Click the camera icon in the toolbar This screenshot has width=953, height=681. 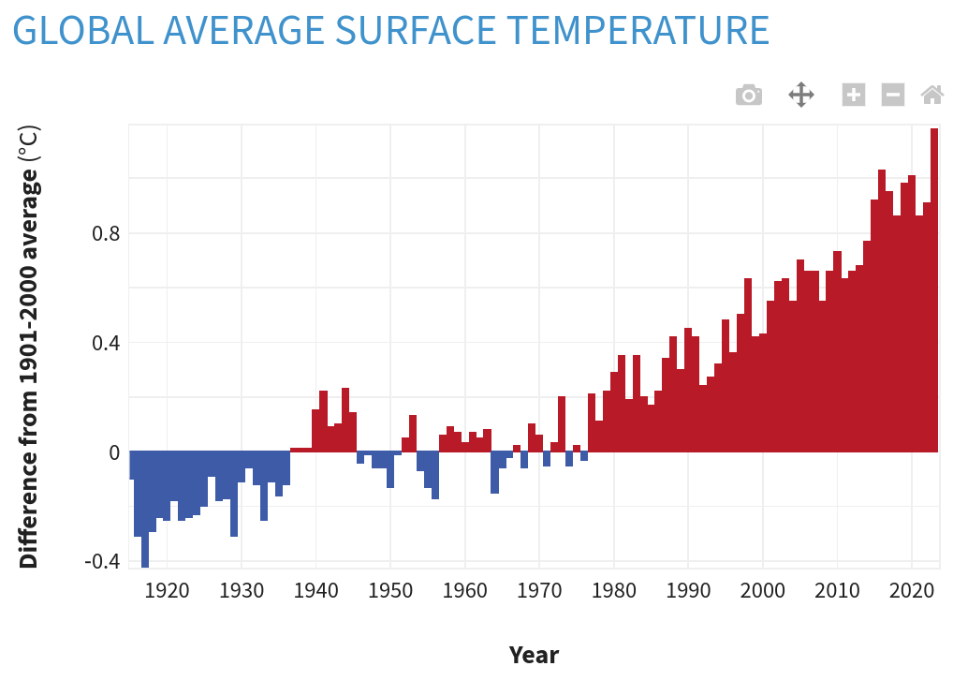click(748, 95)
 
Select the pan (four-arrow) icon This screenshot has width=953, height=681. click(801, 95)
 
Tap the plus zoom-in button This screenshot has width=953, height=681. click(853, 95)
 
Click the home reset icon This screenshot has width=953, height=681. click(931, 95)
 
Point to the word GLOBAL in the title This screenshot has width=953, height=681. click(82, 30)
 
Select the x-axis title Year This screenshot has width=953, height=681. click(534, 654)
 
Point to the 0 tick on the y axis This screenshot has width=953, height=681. click(114, 452)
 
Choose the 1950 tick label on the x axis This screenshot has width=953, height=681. click(390, 591)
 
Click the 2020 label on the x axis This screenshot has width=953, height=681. click(913, 591)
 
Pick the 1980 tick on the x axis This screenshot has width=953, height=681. click(614, 591)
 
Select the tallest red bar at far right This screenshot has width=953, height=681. click(934, 290)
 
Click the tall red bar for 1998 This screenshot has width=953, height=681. click(748, 365)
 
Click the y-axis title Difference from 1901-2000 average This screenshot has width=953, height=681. click(29, 347)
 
